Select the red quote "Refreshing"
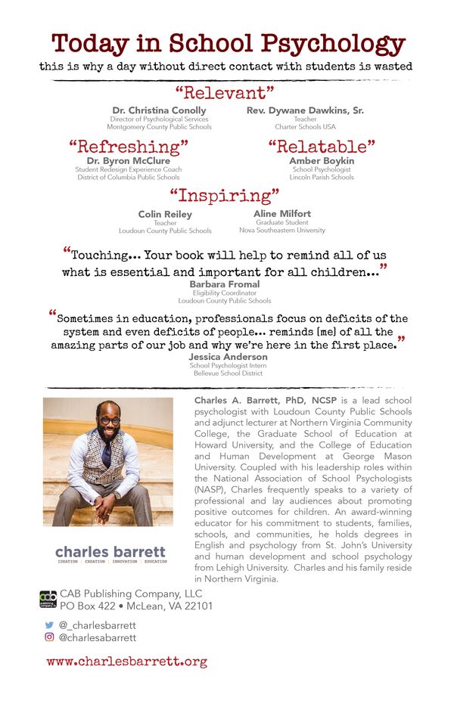pyautogui.click(x=128, y=146)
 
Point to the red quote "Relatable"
pyautogui.click(x=322, y=146)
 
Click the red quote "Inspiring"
pyautogui.click(x=224, y=197)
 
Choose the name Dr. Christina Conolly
pyautogui.click(x=159, y=110)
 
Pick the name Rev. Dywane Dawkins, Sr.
pyautogui.click(x=305, y=110)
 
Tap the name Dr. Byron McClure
pyautogui.click(x=128, y=161)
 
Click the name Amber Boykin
pyautogui.click(x=322, y=161)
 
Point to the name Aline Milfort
pyautogui.click(x=282, y=214)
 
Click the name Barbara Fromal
pyautogui.click(x=224, y=284)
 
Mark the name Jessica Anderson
pyautogui.click(x=228, y=356)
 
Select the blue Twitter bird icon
pyautogui.click(x=50, y=625)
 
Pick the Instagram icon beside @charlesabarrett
pyautogui.click(x=50, y=637)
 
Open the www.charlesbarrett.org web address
pyautogui.click(x=126, y=661)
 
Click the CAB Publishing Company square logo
pyautogui.click(x=48, y=600)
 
